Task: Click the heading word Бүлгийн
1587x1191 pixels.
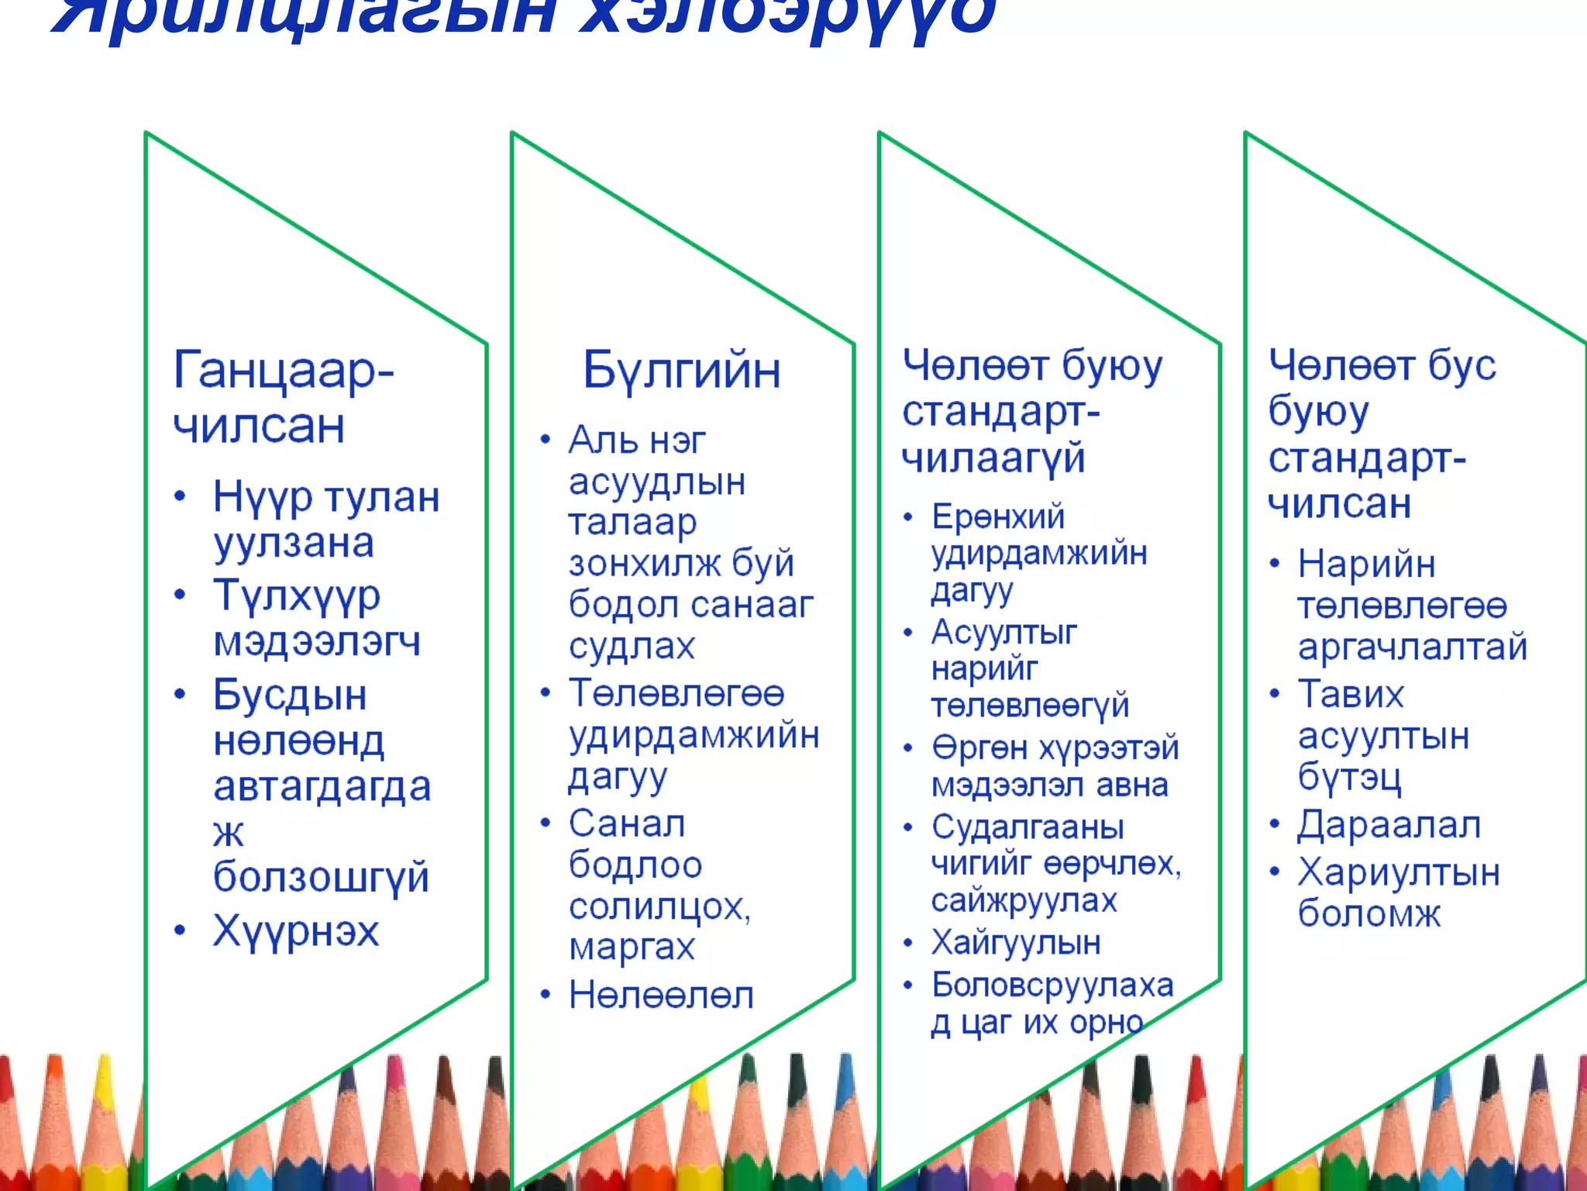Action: pos(681,371)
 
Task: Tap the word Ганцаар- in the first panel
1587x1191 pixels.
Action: pos(284,371)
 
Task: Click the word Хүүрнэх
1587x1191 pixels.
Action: pos(296,931)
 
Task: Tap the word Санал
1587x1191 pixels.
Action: pos(627,824)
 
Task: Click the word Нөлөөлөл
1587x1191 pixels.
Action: pos(661,996)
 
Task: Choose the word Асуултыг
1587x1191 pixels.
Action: pos(1004,633)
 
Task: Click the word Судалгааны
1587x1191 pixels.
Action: pos(1028,827)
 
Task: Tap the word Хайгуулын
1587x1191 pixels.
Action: pos(1016,943)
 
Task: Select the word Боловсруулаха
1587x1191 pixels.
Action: pos(1052,986)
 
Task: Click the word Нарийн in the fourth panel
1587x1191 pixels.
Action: pos(1367,564)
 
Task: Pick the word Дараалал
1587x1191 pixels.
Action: pos(1389,825)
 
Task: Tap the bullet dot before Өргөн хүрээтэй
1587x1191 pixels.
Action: pos(908,748)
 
